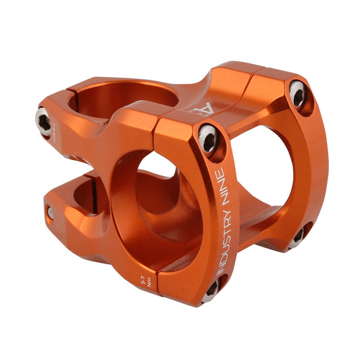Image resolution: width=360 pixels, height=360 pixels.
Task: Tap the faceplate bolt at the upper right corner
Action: (x=297, y=94)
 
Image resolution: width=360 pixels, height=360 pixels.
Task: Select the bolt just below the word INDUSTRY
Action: (x=211, y=288)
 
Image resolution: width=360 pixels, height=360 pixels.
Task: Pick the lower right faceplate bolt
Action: (x=298, y=236)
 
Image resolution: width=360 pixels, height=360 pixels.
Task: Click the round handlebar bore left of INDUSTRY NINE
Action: (x=162, y=196)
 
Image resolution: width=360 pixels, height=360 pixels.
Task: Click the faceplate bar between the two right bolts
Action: (x=311, y=162)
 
